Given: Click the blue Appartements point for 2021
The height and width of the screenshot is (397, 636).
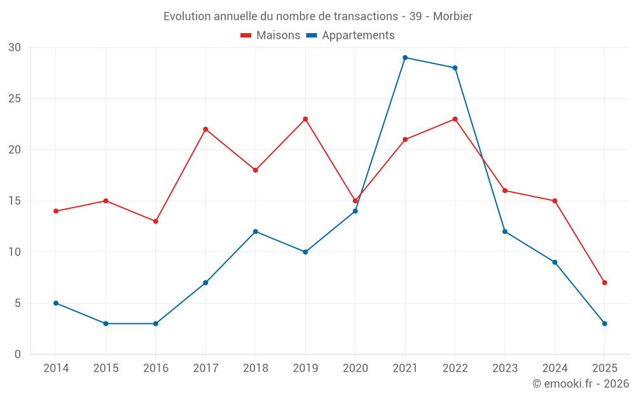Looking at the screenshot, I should (405, 58).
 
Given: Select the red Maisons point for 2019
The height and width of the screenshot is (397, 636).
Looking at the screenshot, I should (305, 119).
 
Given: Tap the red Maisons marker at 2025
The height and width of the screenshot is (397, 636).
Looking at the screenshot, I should (604, 283).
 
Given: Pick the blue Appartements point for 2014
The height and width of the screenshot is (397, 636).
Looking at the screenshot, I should (56, 303).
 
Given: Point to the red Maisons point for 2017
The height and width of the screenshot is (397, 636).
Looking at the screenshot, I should (205, 129).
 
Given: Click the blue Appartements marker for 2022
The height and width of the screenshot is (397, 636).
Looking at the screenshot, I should (455, 68).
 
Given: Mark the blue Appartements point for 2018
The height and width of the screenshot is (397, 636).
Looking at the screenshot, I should (256, 231).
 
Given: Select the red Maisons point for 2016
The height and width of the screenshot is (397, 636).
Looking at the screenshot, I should (156, 221).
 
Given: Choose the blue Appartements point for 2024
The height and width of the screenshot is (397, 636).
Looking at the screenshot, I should (555, 262).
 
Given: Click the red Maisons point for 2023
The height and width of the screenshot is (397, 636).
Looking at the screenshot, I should (505, 191).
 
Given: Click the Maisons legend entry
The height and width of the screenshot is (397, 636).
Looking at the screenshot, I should (270, 36).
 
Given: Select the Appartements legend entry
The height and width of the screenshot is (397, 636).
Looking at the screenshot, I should (350, 36).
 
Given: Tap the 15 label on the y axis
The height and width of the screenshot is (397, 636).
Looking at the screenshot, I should (15, 201).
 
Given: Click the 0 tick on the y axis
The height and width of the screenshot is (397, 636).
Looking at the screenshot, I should (18, 354).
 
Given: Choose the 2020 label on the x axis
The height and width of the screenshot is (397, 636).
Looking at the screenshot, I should (356, 368).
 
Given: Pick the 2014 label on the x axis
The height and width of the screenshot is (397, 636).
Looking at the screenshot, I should (56, 368).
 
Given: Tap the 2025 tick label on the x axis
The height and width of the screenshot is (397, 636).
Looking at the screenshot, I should (604, 368).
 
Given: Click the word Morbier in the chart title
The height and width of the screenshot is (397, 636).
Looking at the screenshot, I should (453, 16).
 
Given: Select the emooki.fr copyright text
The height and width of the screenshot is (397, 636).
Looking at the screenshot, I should (581, 384).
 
